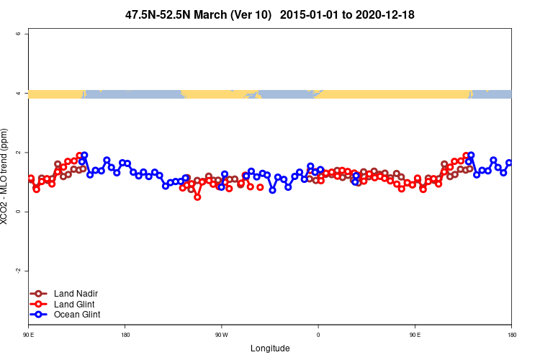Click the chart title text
pyautogui.click(x=270, y=14)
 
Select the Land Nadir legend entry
pyautogui.click(x=76, y=294)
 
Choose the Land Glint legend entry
pyautogui.click(x=74, y=304)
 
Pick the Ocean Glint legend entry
pyautogui.click(x=77, y=315)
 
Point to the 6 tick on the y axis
pyautogui.click(x=27, y=34)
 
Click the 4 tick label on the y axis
pyautogui.click(x=27, y=93)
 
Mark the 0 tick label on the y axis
pyautogui.click(x=27, y=212)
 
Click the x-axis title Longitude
pyautogui.click(x=270, y=348)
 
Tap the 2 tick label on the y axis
pyautogui.click(x=27, y=153)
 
